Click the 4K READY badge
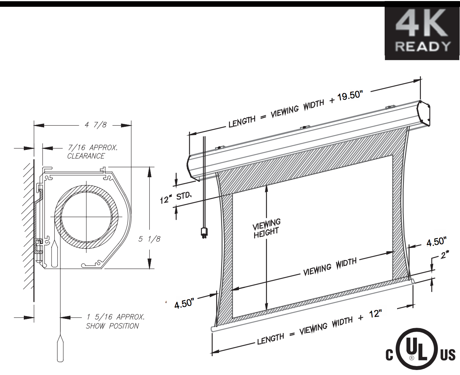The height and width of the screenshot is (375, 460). pyautogui.click(x=422, y=33)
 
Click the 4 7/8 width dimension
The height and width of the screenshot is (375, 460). pyautogui.click(x=96, y=125)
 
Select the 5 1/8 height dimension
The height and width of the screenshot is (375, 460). pyautogui.click(x=149, y=239)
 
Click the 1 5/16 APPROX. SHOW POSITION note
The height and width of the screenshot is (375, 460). pyautogui.click(x=115, y=321)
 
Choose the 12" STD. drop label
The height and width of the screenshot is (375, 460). pyautogui.click(x=176, y=198)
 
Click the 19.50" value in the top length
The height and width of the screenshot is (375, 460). pyautogui.click(x=350, y=96)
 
